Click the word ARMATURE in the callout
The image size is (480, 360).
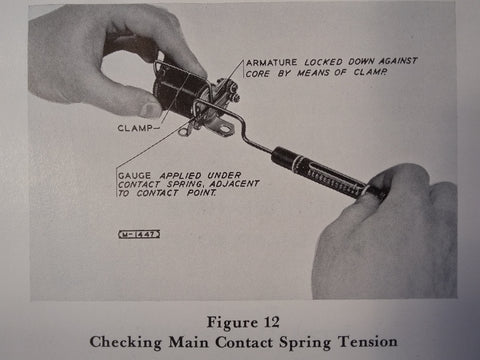pos(272,62)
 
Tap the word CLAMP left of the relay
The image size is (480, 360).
pos(135,128)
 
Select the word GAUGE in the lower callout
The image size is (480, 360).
pos(134,176)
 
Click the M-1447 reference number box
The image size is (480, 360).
pos(139,234)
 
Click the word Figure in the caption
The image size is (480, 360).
pos(232,323)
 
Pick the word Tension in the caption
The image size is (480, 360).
pos(368,342)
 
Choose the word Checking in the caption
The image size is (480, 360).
pos(125,342)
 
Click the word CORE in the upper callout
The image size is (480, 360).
pos(258,73)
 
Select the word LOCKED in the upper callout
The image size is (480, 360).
pos(323,62)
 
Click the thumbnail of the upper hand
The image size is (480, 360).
pos(150,109)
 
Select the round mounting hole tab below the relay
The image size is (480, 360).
pos(183,132)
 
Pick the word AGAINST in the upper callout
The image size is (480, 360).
pos(398,61)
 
